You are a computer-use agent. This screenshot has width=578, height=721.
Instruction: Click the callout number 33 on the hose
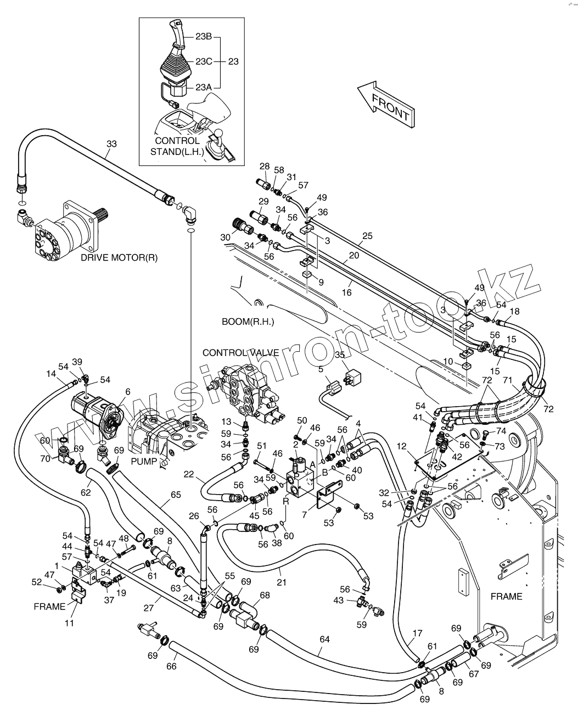click(x=111, y=144)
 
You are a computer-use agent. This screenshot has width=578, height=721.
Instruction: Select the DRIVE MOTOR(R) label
click(x=119, y=257)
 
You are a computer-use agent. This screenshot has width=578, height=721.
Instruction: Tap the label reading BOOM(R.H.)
click(x=248, y=321)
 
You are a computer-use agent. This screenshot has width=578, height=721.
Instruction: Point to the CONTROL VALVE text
click(x=240, y=352)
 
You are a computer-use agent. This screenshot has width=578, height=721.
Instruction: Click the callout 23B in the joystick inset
click(x=204, y=37)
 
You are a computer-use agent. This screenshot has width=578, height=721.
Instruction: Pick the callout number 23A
click(x=204, y=87)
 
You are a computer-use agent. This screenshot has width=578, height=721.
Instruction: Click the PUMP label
click(x=143, y=461)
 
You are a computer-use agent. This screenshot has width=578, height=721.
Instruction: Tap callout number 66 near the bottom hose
click(x=172, y=666)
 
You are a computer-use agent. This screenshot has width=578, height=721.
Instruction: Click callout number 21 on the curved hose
click(x=281, y=582)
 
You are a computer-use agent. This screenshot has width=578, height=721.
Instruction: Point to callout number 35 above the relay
click(x=340, y=355)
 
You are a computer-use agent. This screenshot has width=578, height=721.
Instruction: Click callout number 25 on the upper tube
click(x=367, y=236)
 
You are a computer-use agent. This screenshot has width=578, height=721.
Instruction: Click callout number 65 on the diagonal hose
click(x=175, y=495)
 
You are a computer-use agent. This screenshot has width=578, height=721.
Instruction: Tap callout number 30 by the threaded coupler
click(x=225, y=237)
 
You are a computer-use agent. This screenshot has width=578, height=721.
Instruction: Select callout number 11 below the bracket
click(x=70, y=623)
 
